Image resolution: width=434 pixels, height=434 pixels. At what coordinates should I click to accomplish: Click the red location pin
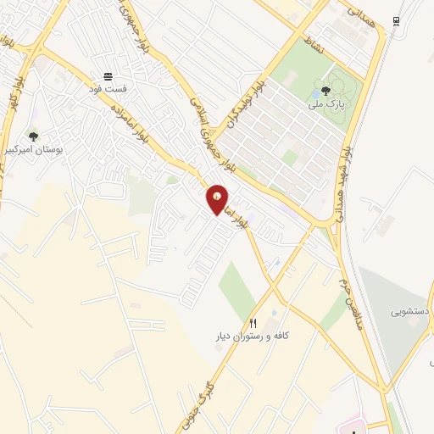218,200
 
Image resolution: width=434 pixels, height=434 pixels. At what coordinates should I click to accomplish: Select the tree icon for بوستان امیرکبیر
33,136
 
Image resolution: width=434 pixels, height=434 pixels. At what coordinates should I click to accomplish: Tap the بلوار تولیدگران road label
253,98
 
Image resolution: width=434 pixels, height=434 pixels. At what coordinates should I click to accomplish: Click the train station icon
396,21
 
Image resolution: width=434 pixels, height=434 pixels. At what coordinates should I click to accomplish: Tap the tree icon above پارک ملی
325,91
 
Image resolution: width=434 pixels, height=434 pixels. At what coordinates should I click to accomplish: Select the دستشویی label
409,311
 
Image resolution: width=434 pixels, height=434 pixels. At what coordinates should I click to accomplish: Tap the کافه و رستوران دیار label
252,336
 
